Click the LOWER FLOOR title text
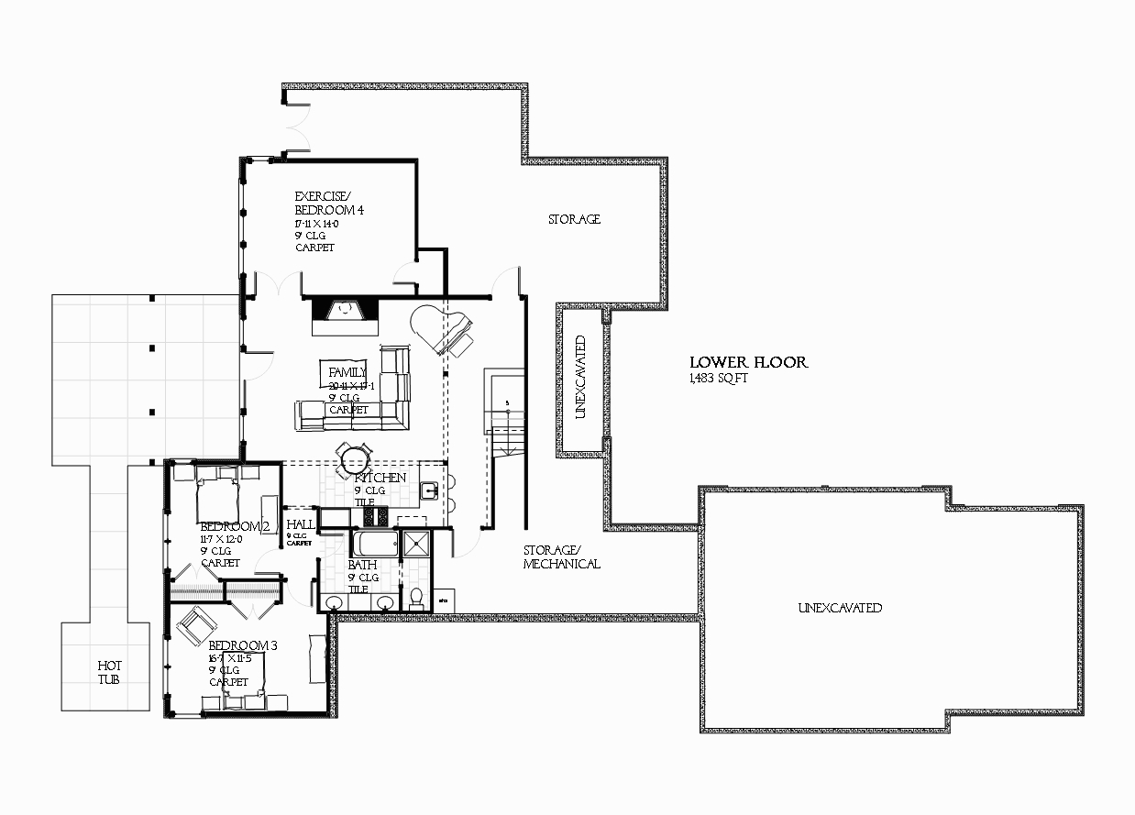[748, 362]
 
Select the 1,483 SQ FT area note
[719, 379]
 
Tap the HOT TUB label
[110, 672]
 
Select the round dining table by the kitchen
[354, 457]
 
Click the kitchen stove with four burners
[376, 517]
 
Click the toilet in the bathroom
[416, 599]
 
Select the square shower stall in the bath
[415, 543]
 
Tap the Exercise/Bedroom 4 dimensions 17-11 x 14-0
[316, 224]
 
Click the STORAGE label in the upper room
[574, 219]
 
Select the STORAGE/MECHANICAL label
[561, 557]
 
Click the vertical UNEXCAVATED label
[579, 377]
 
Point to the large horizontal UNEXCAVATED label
[840, 608]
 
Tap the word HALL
[300, 524]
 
